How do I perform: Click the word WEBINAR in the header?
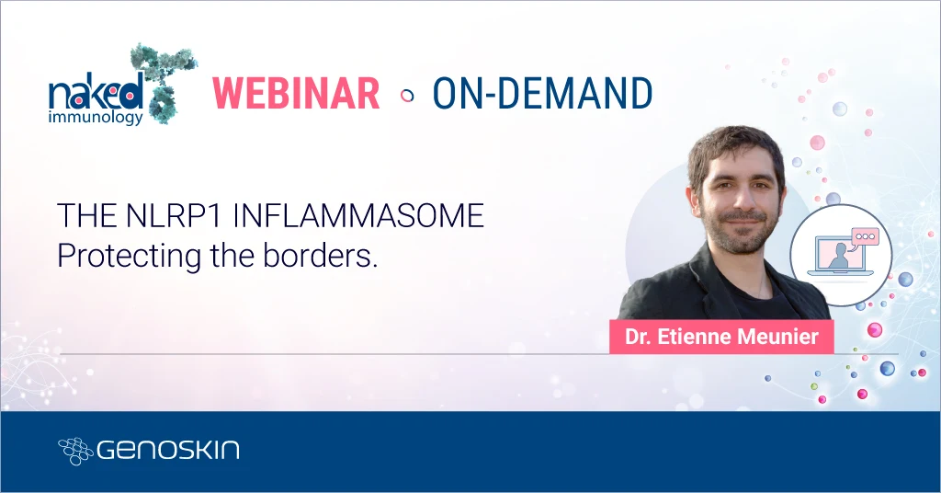[x=296, y=93]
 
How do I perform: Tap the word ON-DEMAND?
[x=542, y=93]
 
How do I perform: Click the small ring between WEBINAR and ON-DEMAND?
[x=407, y=94]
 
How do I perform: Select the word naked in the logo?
[x=96, y=92]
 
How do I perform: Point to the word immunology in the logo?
[x=96, y=118]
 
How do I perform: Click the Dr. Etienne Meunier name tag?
[x=721, y=337]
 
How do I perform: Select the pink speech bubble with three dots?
[x=865, y=235]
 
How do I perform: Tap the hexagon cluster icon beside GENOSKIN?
[x=75, y=451]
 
